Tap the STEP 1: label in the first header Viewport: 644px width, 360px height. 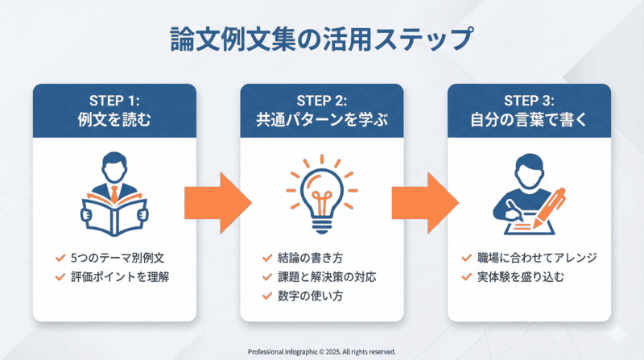click(114, 101)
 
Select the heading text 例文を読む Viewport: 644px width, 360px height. click(114, 122)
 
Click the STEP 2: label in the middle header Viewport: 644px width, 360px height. click(322, 101)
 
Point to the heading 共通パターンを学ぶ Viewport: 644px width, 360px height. click(322, 122)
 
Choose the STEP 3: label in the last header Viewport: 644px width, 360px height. click(529, 101)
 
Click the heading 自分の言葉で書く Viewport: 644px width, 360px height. click(529, 122)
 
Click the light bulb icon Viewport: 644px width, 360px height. click(321, 193)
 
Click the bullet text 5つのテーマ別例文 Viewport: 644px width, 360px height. click(120, 258)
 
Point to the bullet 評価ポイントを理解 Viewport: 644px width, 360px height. click(120, 276)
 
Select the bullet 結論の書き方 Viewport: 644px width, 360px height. click(315, 258)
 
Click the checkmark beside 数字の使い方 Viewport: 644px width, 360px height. click(267, 296)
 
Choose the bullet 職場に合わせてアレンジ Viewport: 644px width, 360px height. click(537, 258)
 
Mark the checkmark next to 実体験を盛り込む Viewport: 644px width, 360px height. click(466, 276)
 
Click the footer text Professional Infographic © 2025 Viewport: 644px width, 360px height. click(322, 351)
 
